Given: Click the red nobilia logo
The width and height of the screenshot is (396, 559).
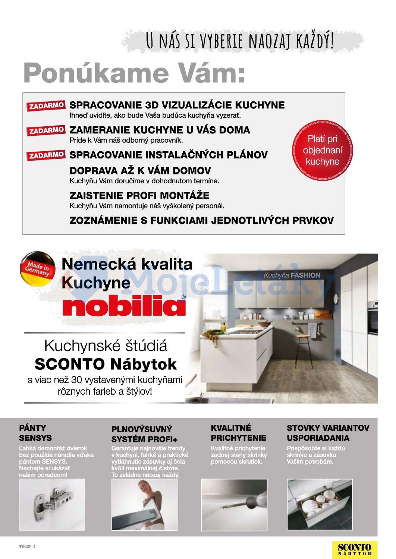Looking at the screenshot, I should pos(124,306).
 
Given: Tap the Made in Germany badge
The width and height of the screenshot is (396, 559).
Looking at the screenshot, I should pos(37,271).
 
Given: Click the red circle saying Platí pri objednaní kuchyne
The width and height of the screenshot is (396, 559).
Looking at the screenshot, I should pos(323,150).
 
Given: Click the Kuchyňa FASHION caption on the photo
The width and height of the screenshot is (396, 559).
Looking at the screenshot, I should pos(292,275).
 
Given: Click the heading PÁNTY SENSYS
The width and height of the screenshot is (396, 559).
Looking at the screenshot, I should pos(35,433).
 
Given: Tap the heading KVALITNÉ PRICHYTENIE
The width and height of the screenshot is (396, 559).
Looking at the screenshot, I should pos(239,433).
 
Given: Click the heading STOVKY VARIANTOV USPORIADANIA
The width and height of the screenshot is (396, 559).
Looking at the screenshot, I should pos(328,433).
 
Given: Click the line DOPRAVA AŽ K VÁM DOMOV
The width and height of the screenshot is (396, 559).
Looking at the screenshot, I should pos(140,171).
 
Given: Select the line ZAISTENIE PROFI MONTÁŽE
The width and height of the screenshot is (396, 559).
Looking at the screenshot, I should pos(139,195).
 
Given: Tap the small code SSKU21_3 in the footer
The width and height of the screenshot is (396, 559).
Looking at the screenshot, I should pos(27,546).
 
